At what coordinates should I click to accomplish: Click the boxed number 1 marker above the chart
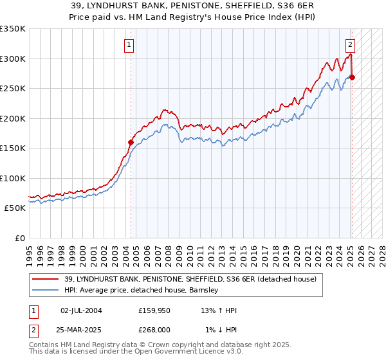pyautogui.click(x=129, y=45)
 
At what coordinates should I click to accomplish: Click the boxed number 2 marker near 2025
pyautogui.click(x=350, y=45)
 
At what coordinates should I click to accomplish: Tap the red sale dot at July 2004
pyautogui.click(x=131, y=142)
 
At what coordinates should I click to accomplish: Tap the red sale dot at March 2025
pyautogui.click(x=353, y=78)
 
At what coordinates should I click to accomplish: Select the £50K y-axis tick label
pyautogui.click(x=15, y=208)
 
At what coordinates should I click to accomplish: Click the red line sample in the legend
pyautogui.click(x=46, y=280)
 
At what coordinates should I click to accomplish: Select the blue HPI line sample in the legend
pyautogui.click(x=46, y=291)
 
